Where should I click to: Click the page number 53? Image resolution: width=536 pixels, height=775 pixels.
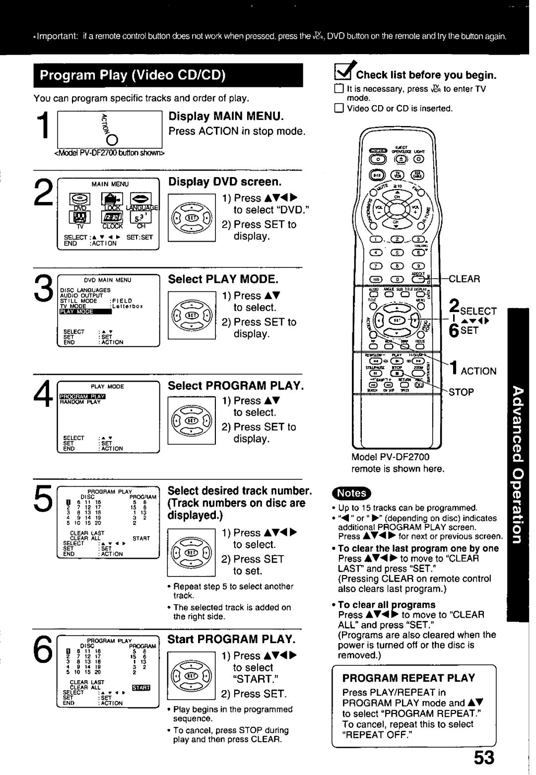[484, 758]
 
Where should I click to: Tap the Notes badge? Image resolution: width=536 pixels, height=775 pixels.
[352, 493]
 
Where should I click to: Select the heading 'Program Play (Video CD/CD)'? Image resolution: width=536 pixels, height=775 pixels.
[133, 76]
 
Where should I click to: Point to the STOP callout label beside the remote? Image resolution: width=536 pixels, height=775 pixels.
[462, 392]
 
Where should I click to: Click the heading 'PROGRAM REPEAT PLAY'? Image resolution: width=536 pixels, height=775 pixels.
[408, 678]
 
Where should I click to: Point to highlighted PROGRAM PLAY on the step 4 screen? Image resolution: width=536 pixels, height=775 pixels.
[83, 396]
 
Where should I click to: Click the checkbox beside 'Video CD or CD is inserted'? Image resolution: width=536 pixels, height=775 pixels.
[338, 109]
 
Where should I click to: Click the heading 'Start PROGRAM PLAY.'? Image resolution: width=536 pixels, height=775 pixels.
[231, 639]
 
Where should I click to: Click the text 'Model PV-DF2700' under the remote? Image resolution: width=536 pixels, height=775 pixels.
[391, 456]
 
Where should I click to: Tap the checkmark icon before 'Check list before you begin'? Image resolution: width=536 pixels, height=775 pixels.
[344, 73]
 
